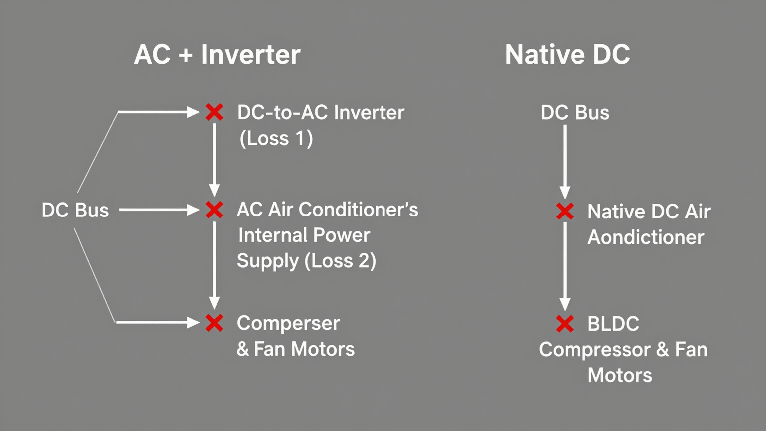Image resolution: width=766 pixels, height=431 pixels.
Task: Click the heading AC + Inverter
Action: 217,54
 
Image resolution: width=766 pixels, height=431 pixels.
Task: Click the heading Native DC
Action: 568,54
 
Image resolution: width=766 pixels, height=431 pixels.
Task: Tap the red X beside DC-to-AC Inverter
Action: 214,112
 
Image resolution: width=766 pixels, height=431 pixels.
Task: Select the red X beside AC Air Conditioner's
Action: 214,210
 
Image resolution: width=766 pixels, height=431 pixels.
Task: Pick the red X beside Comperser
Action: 214,323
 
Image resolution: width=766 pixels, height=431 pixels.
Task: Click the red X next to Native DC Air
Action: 565,212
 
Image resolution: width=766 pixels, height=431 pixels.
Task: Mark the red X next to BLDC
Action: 565,324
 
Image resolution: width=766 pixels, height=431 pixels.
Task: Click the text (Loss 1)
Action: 276,138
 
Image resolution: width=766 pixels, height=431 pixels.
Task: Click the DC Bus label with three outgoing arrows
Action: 75,210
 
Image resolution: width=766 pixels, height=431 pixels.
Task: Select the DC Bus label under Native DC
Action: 574,113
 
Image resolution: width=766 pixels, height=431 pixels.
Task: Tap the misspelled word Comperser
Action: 288,323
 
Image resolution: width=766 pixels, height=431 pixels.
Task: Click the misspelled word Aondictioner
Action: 646,237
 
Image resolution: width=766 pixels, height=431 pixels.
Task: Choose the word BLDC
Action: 613,324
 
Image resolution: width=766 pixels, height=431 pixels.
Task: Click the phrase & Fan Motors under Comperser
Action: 295,349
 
